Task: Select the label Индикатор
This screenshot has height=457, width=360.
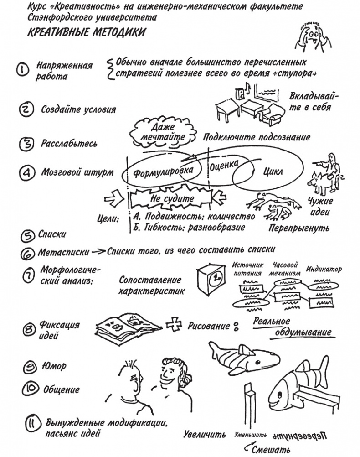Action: [324, 269]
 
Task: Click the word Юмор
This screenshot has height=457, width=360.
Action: [54, 366]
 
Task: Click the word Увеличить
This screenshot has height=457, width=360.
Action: [205, 434]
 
